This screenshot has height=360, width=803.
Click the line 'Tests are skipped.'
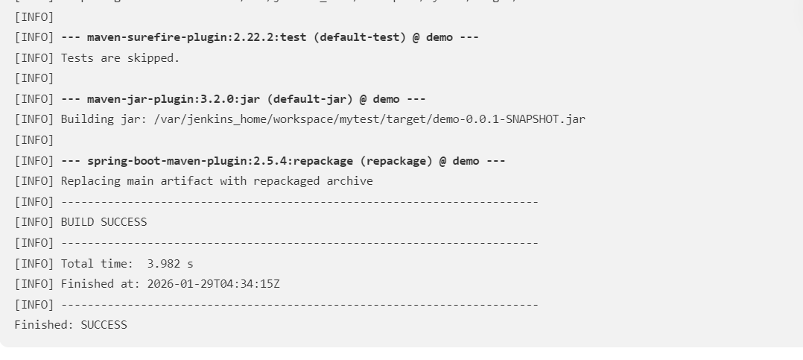[120, 57]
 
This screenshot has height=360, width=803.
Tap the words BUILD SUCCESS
[104, 222]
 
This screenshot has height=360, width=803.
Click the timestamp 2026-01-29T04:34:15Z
[213, 284]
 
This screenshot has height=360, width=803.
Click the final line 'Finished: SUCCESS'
[71, 325]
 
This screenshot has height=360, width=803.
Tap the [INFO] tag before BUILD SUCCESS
[34, 222]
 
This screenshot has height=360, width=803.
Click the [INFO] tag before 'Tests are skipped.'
[34, 57]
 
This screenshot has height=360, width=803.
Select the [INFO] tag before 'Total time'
[34, 264]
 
